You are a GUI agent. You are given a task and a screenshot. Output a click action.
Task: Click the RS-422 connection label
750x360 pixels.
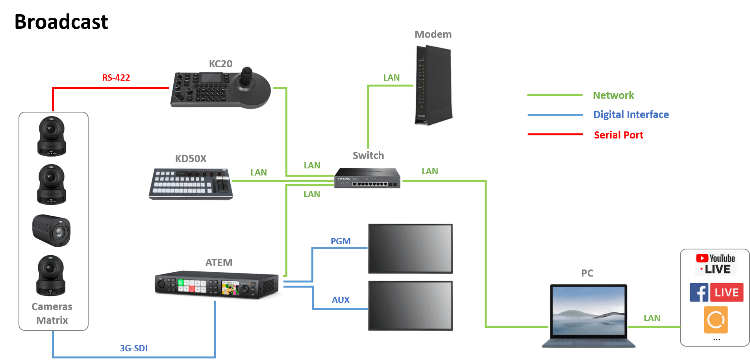pyautogui.click(x=116, y=78)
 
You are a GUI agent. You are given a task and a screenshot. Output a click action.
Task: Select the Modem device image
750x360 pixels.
pyautogui.click(x=433, y=85)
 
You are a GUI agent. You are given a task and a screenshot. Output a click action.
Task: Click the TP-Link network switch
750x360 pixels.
pyautogui.click(x=367, y=178)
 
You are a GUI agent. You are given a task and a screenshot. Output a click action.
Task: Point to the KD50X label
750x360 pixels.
pyautogui.click(x=191, y=159)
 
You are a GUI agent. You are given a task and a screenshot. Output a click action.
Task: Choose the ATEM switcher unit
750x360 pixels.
pyautogui.click(x=218, y=285)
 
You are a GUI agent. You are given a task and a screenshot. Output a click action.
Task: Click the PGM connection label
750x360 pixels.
pyautogui.click(x=341, y=241)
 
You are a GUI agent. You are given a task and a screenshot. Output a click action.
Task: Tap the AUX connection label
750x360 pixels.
pyautogui.click(x=341, y=300)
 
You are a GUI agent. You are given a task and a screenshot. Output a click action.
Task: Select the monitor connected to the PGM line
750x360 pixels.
pyautogui.click(x=410, y=249)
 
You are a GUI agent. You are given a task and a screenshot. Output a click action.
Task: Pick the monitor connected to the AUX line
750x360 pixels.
pyautogui.click(x=410, y=306)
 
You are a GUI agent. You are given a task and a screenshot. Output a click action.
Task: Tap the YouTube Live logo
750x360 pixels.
pyautogui.click(x=715, y=264)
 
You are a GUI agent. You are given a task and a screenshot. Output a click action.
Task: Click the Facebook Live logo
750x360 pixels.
pyautogui.click(x=716, y=292)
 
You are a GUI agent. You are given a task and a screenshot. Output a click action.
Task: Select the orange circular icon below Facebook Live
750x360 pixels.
pyautogui.click(x=716, y=320)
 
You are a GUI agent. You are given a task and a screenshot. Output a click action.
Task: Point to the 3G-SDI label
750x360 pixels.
pyautogui.click(x=134, y=348)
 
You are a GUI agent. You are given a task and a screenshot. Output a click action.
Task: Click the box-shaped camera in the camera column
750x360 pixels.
pyautogui.click(x=52, y=230)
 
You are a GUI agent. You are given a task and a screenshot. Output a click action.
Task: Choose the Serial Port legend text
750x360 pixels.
pyautogui.click(x=619, y=135)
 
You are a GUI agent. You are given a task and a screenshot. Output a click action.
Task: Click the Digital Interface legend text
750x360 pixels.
pyautogui.click(x=631, y=114)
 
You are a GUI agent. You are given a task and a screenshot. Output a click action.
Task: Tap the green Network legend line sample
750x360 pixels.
pyautogui.click(x=555, y=95)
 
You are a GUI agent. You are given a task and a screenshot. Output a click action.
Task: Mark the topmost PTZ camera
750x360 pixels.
pyautogui.click(x=52, y=136)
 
